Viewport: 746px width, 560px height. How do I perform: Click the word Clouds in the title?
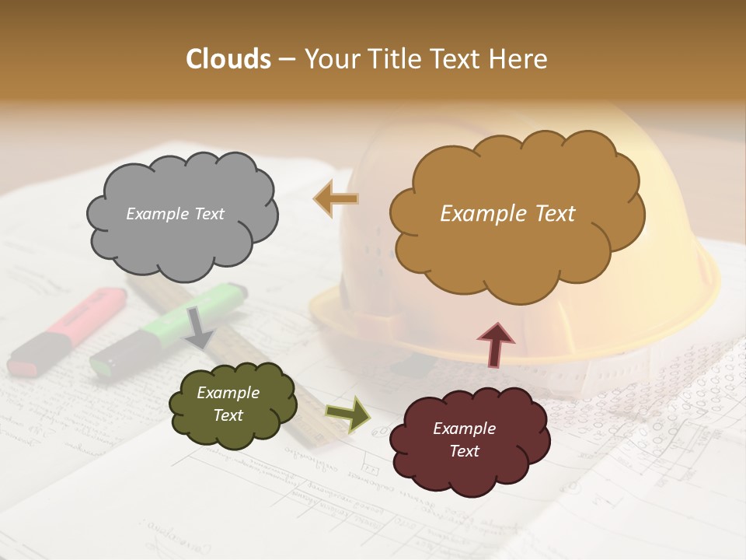[x=228, y=59]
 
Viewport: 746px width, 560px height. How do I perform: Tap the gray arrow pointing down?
[x=199, y=327]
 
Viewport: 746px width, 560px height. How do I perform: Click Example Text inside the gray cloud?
[x=175, y=214]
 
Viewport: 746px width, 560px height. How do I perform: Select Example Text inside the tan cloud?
[x=507, y=214]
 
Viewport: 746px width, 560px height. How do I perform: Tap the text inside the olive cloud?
[x=228, y=404]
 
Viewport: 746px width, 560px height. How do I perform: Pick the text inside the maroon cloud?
[x=464, y=439]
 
